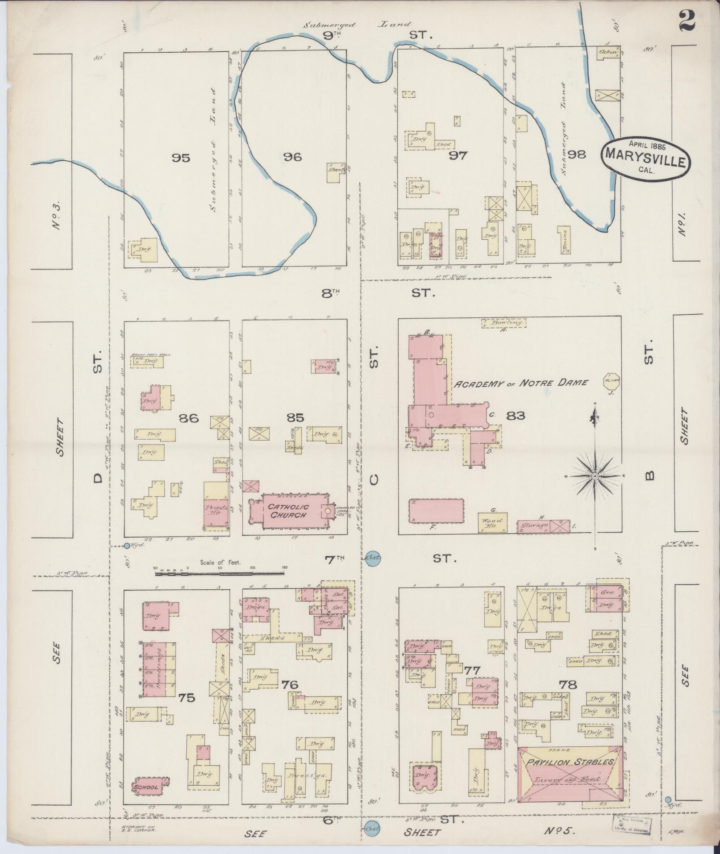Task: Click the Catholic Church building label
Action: [x=288, y=511]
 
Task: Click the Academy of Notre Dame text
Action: [x=520, y=383]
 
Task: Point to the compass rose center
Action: [x=595, y=476]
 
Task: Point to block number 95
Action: [x=181, y=158]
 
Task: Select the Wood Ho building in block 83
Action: [x=492, y=523]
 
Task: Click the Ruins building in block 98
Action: [x=564, y=239]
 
